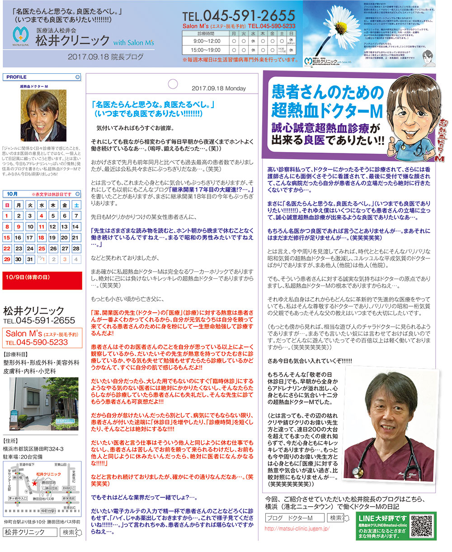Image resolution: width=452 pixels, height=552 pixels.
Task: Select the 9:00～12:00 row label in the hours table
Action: tap(205, 41)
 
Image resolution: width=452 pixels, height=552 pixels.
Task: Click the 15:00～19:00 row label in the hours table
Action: tap(205, 50)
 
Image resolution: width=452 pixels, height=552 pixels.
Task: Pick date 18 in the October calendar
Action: tap(41, 238)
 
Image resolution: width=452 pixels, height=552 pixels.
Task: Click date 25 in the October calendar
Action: tap(41, 248)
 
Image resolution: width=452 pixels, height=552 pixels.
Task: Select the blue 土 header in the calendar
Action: tap(76, 205)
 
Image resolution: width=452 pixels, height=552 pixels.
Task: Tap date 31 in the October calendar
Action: tap(30, 259)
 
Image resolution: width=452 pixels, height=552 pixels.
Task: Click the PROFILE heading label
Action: tap(16, 77)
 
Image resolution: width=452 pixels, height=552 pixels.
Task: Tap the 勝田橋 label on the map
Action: tap(18, 478)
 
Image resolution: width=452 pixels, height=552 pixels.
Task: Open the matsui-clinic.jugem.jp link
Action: tap(297, 528)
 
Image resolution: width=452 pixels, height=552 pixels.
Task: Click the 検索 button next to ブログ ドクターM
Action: tap(338, 518)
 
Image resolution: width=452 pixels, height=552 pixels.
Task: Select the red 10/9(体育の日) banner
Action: tap(42, 277)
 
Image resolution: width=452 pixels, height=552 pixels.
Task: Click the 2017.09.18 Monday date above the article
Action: tap(218, 88)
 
